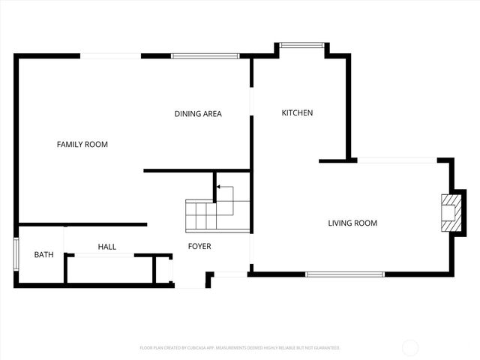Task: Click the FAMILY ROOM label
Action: pyautogui.click(x=82, y=144)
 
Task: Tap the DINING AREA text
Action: pyautogui.click(x=198, y=114)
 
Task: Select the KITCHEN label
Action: pyautogui.click(x=297, y=113)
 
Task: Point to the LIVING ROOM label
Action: pyautogui.click(x=352, y=223)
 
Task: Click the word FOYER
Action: pyautogui.click(x=199, y=247)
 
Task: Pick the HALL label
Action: pyautogui.click(x=107, y=247)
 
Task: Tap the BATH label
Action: pyautogui.click(x=43, y=255)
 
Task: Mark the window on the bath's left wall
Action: pyautogui.click(x=16, y=253)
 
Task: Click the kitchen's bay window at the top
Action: pyautogui.click(x=302, y=45)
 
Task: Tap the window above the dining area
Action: pyautogui.click(x=205, y=55)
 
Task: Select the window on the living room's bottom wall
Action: pyautogui.click(x=345, y=274)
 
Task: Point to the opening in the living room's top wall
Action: pyautogui.click(x=397, y=160)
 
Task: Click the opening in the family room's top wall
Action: pyautogui.click(x=110, y=55)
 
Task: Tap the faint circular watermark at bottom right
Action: pyautogui.click(x=411, y=347)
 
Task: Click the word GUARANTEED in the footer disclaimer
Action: pyautogui.click(x=325, y=348)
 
